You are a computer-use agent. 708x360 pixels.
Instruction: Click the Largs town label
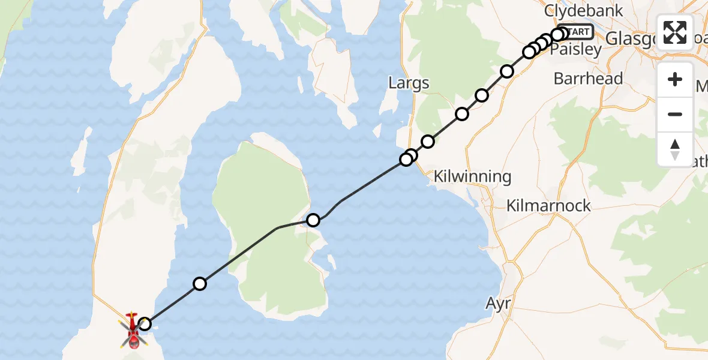click(x=409, y=82)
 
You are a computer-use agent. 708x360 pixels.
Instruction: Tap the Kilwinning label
click(x=472, y=177)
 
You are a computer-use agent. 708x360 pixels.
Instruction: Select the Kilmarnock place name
click(x=548, y=206)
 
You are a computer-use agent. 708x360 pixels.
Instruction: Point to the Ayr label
click(x=498, y=304)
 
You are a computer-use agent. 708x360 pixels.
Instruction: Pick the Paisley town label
click(x=575, y=50)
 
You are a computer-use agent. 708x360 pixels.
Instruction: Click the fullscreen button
click(x=675, y=32)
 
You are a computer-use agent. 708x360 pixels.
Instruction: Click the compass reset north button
click(x=675, y=149)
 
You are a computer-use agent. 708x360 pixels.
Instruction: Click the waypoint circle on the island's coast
click(x=313, y=220)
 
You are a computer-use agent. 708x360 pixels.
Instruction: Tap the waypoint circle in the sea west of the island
click(x=200, y=284)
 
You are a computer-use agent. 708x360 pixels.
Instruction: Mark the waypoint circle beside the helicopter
click(x=145, y=325)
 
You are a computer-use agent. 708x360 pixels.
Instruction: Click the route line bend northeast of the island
click(x=341, y=201)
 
